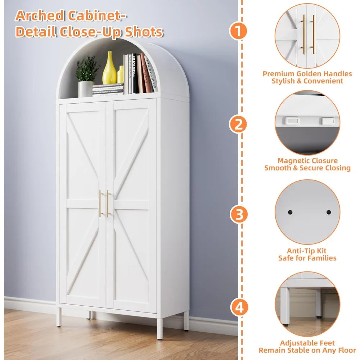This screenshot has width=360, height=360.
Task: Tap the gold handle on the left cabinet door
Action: click(100, 203)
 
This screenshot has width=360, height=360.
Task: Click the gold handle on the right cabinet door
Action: click(108, 203)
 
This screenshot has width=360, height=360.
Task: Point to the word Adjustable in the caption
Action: click(297, 343)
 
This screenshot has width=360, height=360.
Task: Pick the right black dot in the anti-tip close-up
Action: click(328, 212)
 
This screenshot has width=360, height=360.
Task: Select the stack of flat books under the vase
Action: click(108, 90)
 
